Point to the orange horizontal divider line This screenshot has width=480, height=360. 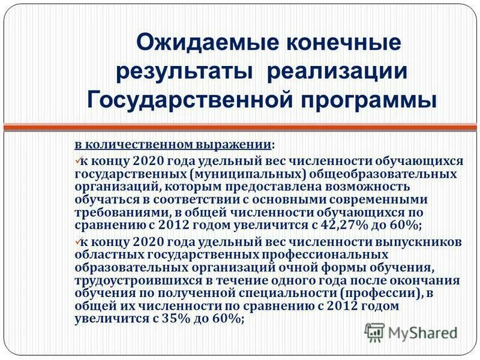click(x=240, y=127)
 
